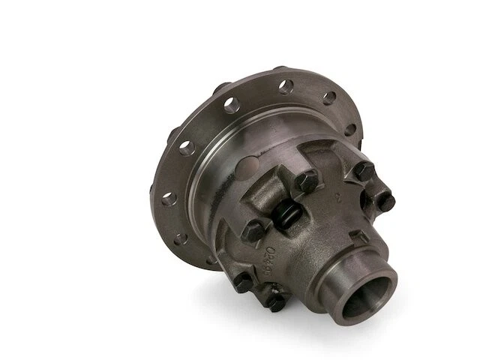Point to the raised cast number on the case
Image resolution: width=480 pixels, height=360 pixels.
point(274,256)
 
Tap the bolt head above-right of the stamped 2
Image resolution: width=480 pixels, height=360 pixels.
point(364,171)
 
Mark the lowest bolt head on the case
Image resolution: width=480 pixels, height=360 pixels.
point(275,301)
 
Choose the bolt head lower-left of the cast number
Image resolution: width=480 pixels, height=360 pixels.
point(243,283)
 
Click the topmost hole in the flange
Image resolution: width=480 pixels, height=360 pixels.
point(286,85)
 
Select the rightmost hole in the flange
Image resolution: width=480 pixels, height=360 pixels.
point(349,129)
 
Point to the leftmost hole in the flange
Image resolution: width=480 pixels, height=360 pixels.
point(168,198)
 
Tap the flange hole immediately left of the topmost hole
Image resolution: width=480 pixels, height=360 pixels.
point(231,104)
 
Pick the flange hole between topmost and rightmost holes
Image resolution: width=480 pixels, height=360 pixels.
point(329,97)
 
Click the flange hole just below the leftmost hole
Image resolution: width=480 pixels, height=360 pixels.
point(180,238)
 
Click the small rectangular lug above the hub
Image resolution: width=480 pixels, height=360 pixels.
point(360,235)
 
